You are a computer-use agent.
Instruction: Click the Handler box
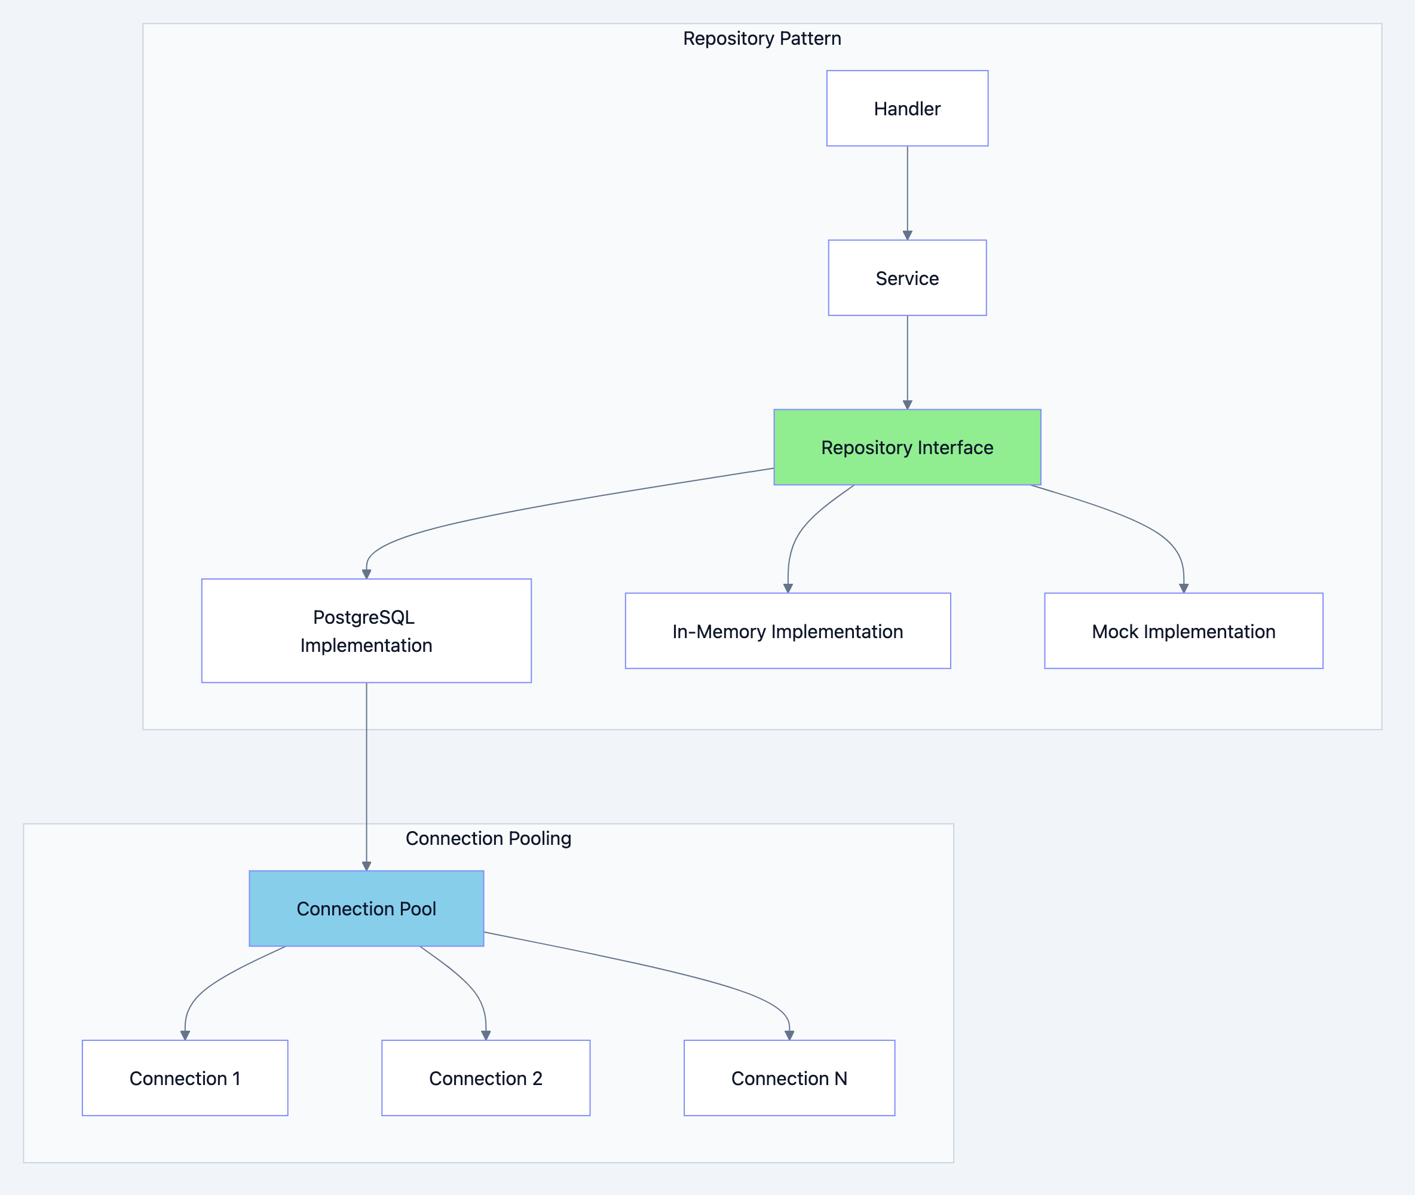(x=907, y=108)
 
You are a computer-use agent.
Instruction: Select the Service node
(x=907, y=278)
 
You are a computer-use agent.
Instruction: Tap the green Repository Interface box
(x=907, y=447)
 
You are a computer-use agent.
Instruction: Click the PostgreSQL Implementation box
(x=366, y=631)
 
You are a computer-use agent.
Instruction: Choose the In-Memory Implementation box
(x=787, y=631)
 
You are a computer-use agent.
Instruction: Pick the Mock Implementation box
(x=1183, y=631)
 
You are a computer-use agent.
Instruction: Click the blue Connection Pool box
(x=366, y=908)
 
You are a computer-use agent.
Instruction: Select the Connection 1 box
(x=185, y=1078)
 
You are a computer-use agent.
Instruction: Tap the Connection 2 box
(x=486, y=1078)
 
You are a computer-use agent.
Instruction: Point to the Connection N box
(x=789, y=1078)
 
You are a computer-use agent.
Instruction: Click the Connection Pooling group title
(x=488, y=838)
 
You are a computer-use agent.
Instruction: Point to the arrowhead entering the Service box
(x=907, y=235)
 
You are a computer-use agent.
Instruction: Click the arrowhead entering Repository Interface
(x=907, y=405)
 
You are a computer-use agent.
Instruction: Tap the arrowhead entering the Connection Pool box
(x=366, y=866)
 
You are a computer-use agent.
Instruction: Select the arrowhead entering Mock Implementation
(x=1183, y=588)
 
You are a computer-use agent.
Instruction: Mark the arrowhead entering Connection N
(x=789, y=1035)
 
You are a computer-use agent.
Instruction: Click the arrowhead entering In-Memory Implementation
(x=788, y=588)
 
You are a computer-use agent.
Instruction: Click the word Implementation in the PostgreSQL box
(x=366, y=645)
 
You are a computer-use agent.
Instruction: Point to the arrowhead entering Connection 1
(x=185, y=1035)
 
